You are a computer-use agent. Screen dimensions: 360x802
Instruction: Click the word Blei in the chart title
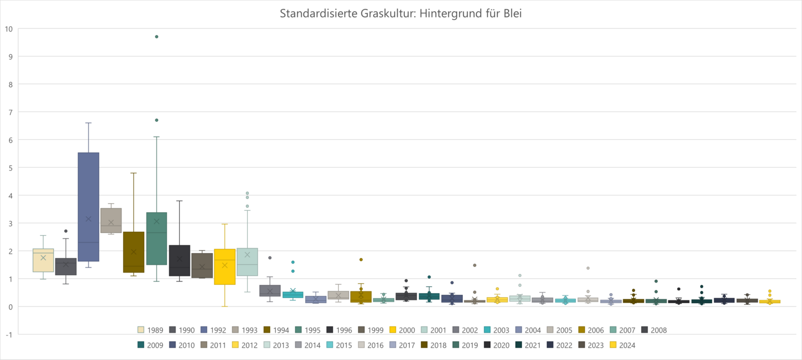[511, 13]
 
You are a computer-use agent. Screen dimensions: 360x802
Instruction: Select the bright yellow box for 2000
[224, 267]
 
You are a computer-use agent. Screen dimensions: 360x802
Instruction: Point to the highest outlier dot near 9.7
[157, 37]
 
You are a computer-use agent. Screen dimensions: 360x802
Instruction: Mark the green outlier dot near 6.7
[157, 120]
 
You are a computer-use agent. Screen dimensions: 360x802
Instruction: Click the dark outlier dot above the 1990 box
[66, 231]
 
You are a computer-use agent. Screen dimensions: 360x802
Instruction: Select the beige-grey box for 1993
[111, 220]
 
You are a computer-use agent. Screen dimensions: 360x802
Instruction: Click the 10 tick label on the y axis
[8, 29]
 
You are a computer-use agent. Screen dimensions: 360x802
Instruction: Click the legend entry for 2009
[151, 345]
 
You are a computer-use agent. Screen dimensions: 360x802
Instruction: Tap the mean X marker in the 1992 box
[89, 219]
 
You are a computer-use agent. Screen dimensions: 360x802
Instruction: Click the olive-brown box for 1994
[134, 252]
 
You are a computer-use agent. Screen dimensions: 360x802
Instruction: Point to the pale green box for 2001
[247, 262]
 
